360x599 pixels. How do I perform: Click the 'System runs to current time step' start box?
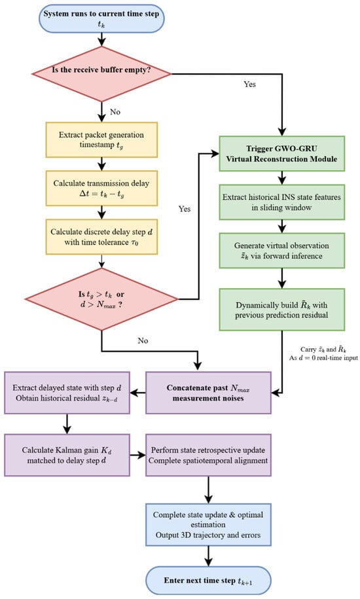(x=101, y=18)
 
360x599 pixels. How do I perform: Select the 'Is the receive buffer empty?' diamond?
(x=101, y=74)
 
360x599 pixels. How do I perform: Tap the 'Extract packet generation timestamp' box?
(x=101, y=140)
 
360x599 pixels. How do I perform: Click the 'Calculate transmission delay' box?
(x=101, y=189)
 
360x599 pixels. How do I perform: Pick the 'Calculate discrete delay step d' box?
(x=101, y=237)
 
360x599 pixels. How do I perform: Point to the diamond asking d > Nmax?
(x=101, y=299)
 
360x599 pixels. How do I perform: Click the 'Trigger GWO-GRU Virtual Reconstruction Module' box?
(x=281, y=154)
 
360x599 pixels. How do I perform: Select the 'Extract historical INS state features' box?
(x=281, y=202)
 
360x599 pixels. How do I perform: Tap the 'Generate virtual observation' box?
(x=281, y=251)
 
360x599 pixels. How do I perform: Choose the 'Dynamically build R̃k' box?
(x=281, y=310)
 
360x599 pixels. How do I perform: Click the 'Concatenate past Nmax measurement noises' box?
(x=208, y=393)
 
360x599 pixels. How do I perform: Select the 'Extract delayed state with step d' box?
(x=67, y=393)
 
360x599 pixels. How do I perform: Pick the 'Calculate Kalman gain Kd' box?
(x=67, y=455)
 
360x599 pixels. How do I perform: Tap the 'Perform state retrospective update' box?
(x=208, y=455)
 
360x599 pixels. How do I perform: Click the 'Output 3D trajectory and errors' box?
(x=208, y=524)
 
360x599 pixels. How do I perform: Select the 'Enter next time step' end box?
(x=208, y=580)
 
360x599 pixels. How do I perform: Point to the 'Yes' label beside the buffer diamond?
(x=249, y=84)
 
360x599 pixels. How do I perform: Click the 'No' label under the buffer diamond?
(x=115, y=112)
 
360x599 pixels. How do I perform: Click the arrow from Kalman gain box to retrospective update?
(x=138, y=455)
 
